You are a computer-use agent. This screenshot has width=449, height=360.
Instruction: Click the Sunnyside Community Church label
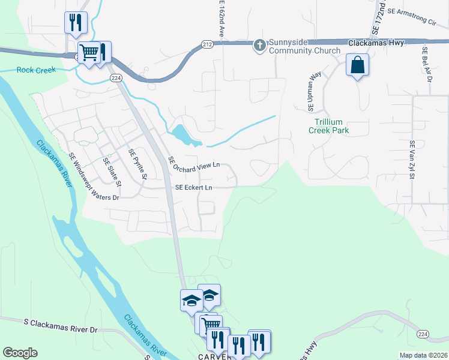click(305, 47)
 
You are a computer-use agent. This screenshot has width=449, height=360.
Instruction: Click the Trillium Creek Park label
click(328, 126)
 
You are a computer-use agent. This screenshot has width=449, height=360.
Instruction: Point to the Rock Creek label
click(36, 70)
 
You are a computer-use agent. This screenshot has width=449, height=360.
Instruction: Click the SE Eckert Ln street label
click(193, 188)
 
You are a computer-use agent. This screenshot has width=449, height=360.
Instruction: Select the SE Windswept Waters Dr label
click(94, 177)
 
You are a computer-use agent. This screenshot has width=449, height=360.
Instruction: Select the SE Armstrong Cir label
click(411, 19)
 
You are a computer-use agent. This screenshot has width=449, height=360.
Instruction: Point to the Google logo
click(20, 353)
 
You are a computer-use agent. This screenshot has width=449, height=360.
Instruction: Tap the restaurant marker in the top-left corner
click(76, 23)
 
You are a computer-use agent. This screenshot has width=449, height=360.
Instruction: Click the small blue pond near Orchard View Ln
click(185, 134)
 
